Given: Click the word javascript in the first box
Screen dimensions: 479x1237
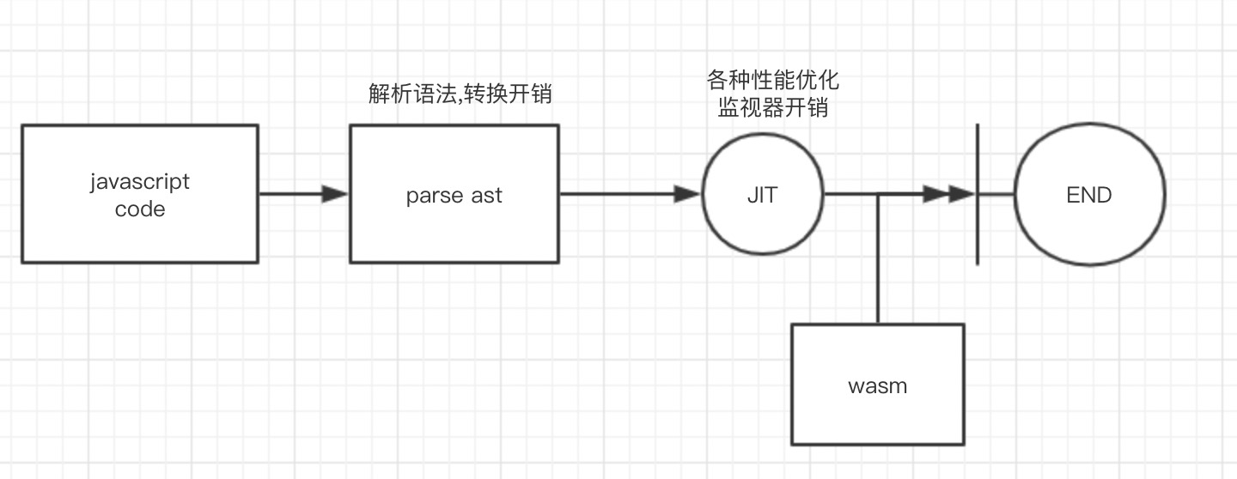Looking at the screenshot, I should coord(139,182).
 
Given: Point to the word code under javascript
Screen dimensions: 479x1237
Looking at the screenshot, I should coord(139,209).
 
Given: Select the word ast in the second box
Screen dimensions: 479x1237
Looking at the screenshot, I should coord(486,196).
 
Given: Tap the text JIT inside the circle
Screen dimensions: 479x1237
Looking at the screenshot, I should coord(763,195).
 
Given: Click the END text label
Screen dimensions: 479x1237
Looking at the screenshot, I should coord(1089,195).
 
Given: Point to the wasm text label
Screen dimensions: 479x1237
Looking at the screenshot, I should coord(877,385).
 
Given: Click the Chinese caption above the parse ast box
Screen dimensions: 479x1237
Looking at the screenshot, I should coord(460,94).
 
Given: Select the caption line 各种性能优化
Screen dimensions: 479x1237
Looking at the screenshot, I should coord(772,82).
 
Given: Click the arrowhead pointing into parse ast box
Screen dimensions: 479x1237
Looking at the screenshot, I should coord(335,195).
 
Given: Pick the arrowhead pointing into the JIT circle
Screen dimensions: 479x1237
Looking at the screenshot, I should coord(687,195).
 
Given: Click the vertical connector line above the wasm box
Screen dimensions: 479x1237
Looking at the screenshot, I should coord(877,258).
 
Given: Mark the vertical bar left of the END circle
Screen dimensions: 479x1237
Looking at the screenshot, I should coord(978,195).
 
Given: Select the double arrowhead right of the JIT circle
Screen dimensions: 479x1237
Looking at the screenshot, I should coord(949,195).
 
